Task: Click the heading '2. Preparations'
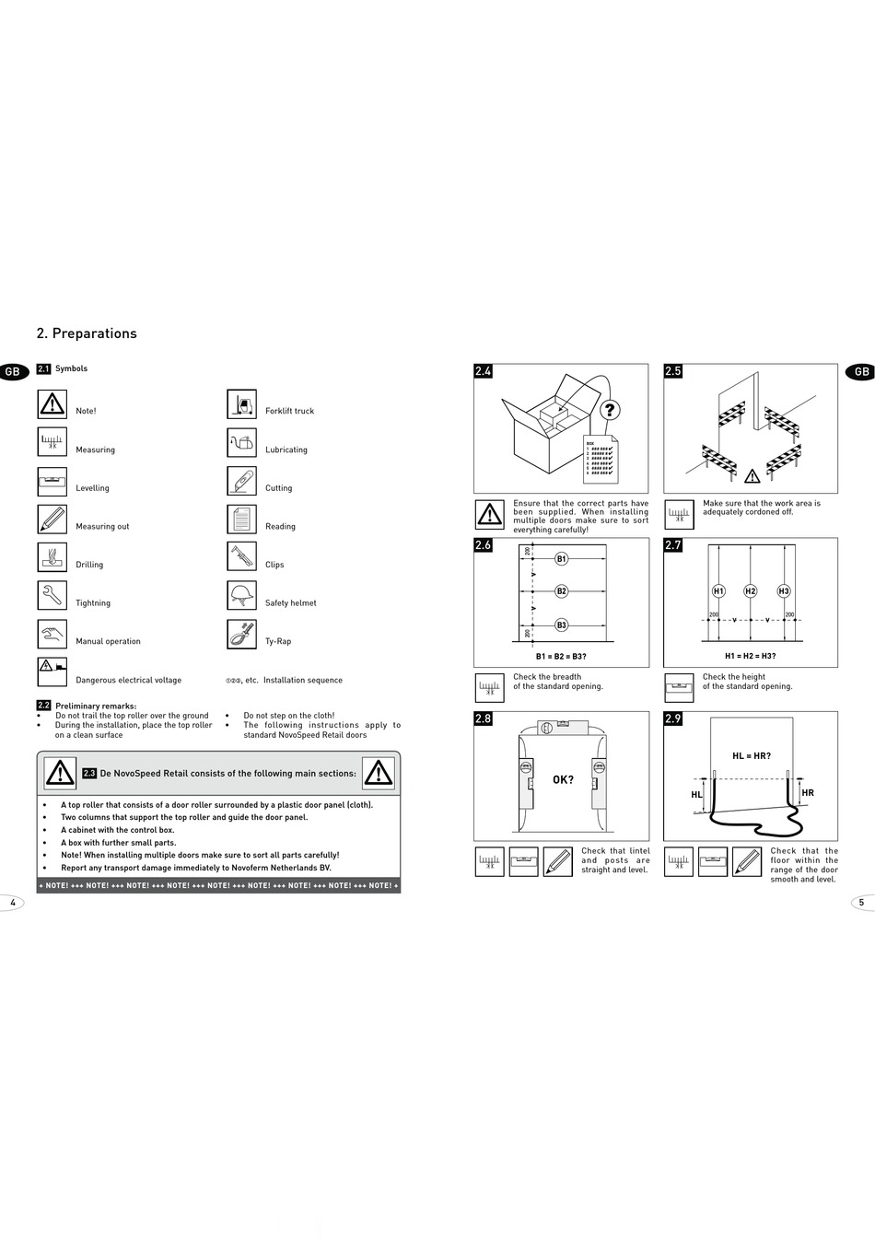point(87,333)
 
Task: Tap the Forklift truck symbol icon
point(241,404)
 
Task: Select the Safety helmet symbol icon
point(241,596)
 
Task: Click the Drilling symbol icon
point(52,557)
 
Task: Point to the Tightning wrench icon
point(52,596)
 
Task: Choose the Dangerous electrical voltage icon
point(52,672)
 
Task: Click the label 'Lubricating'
point(286,450)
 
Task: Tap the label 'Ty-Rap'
point(278,641)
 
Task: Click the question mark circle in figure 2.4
point(610,410)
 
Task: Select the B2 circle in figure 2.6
point(561,591)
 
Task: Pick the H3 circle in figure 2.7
point(784,591)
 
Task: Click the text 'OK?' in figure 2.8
point(563,780)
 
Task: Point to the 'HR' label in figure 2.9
point(808,793)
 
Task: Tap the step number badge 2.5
point(673,371)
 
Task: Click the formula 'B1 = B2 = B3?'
point(561,657)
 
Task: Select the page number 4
point(13,903)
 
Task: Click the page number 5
point(862,903)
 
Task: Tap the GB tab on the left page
point(13,372)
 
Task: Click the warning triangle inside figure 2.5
point(752,476)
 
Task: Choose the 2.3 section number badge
point(89,774)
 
